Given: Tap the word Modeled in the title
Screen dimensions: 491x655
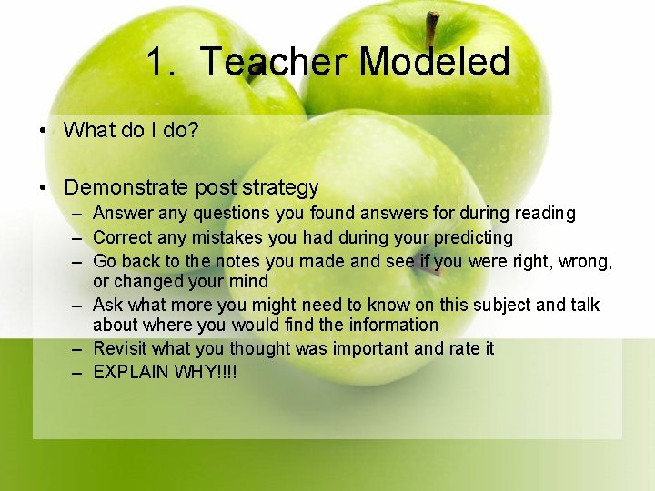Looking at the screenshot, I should click(x=434, y=63).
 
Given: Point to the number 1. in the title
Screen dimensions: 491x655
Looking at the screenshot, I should click(x=165, y=63).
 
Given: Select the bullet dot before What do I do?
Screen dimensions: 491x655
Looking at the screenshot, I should click(x=43, y=130).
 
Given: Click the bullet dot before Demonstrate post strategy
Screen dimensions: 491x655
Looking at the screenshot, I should click(x=43, y=188).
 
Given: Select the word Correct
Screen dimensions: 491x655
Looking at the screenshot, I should click(x=123, y=237).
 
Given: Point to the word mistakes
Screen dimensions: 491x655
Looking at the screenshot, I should click(x=227, y=237).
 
